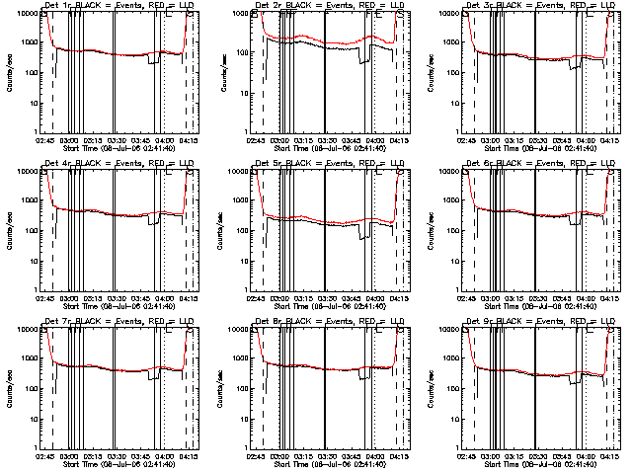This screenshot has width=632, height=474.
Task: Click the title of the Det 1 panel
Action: tap(118, 6)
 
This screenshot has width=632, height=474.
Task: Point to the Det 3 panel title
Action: tap(539, 6)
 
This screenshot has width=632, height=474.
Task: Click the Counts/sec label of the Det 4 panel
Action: tap(7, 229)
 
